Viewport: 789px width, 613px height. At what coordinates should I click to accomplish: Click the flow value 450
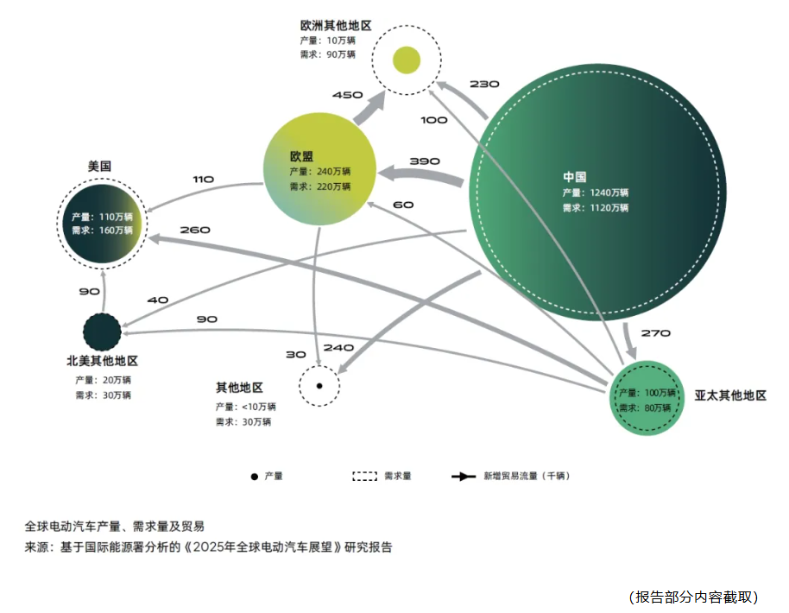[x=347, y=95]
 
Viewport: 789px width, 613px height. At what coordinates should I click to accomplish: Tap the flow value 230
[x=484, y=84]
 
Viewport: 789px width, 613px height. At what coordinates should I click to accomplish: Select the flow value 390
[x=425, y=161]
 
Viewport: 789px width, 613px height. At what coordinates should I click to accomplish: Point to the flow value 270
[x=656, y=332]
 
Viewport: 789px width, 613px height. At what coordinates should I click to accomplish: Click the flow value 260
[x=196, y=231]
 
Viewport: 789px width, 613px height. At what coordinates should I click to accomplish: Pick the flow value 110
[x=204, y=179]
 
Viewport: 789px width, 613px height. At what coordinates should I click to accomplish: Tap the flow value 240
[x=338, y=348]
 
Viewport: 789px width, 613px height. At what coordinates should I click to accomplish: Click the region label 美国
[x=99, y=165]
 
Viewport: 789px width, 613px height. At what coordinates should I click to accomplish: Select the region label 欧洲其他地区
[x=336, y=26]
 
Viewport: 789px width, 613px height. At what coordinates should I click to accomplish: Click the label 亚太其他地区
[x=730, y=395]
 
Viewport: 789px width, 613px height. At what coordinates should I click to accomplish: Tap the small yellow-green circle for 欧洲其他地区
[x=407, y=60]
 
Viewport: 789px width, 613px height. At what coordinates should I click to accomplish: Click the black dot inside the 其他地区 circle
[x=319, y=385]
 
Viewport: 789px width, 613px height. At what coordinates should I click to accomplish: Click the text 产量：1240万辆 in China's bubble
[x=596, y=193]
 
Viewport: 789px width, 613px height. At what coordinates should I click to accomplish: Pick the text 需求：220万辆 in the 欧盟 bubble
[x=320, y=186]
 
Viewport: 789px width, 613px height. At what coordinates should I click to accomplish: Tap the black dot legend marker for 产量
[x=254, y=477]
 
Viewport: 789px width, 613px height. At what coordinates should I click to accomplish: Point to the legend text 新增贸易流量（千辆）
[x=526, y=476]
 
